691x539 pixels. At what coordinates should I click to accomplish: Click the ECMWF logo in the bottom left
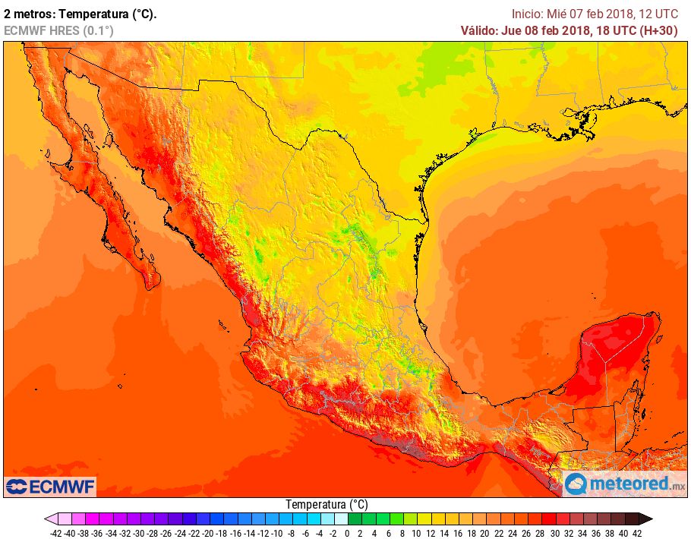(x=50, y=486)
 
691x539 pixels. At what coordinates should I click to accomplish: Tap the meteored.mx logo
(x=625, y=484)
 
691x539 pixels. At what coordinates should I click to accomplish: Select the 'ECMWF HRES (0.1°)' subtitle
(x=59, y=30)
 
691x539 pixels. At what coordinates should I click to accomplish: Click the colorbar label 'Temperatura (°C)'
(x=327, y=504)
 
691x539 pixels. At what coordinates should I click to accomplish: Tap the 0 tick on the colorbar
(x=347, y=533)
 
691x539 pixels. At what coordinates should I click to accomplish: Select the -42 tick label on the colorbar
(x=55, y=533)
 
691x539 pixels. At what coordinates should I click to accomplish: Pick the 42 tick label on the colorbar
(x=636, y=533)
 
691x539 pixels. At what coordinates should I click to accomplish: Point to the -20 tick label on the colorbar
(x=207, y=533)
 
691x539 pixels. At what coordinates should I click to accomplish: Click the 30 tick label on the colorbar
(x=554, y=533)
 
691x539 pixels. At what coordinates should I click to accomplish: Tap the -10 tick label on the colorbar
(x=276, y=533)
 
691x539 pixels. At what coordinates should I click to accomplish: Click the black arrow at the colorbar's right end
(x=645, y=519)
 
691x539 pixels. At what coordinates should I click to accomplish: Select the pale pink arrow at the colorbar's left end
(x=50, y=519)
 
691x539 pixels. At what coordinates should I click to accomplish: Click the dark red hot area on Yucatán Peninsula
(x=607, y=357)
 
